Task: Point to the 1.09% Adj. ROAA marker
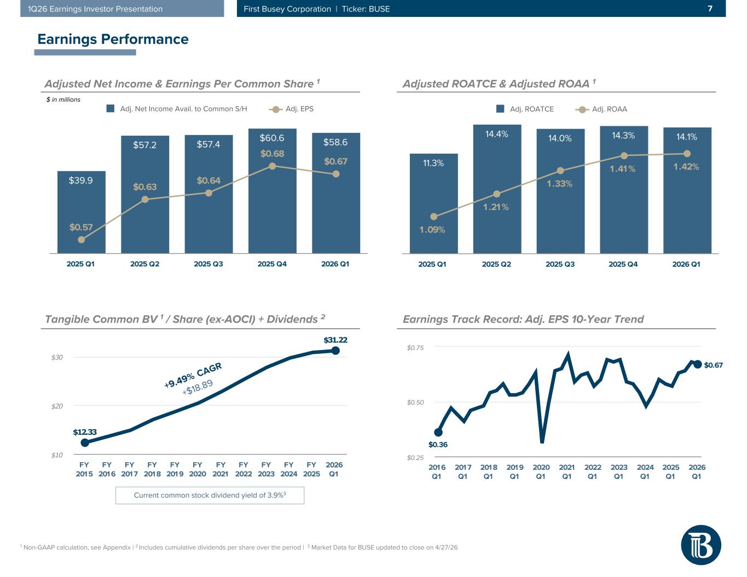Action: point(433,217)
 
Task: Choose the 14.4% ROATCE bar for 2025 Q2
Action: point(497,189)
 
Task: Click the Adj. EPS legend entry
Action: point(292,109)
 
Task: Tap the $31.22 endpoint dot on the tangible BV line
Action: point(335,351)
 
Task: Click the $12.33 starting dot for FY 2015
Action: point(85,442)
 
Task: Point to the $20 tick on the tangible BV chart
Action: point(57,406)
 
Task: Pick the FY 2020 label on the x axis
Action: point(198,469)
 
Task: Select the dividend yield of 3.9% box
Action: point(210,496)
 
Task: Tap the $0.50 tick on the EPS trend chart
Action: point(415,403)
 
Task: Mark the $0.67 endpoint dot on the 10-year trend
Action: point(698,364)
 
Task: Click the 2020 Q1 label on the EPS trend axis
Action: point(541,471)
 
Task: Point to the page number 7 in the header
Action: point(710,9)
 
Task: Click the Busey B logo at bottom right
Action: point(701,545)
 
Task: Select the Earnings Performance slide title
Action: point(113,39)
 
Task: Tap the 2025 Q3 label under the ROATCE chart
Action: point(560,264)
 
